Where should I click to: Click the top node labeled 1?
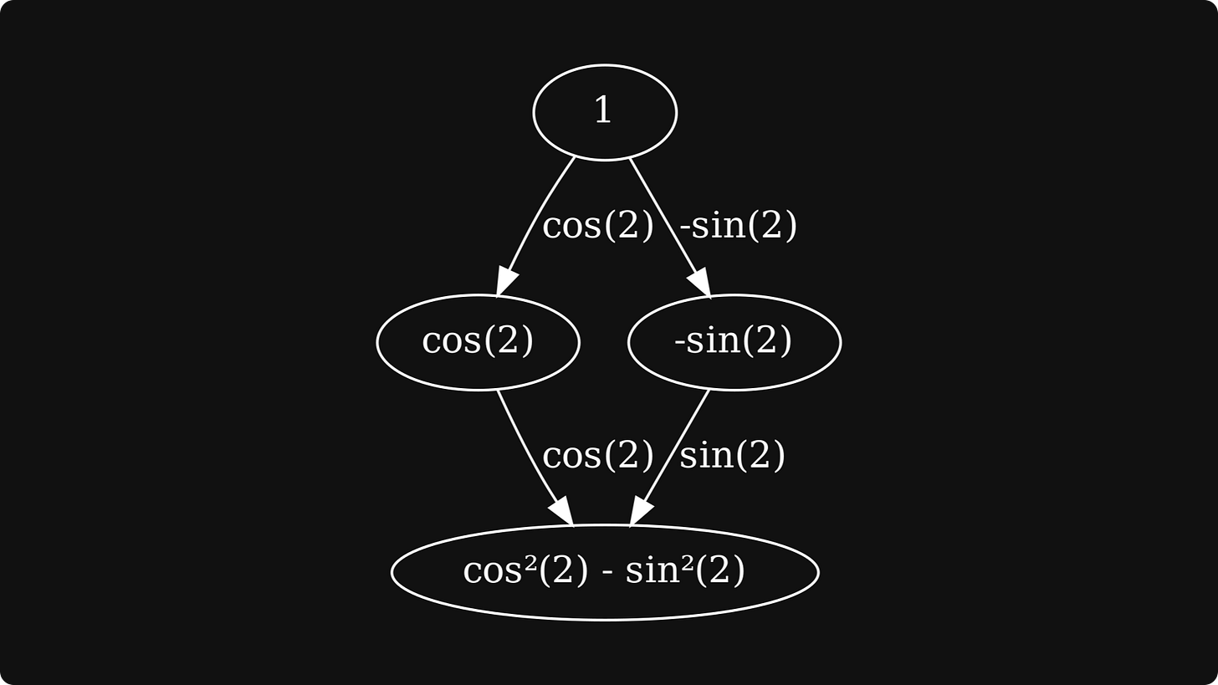tap(604, 112)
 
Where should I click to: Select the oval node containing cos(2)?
tap(478, 342)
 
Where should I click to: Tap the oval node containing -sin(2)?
tap(734, 342)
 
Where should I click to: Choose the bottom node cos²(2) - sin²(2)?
tap(604, 572)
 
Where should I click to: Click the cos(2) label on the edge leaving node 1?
tap(597, 226)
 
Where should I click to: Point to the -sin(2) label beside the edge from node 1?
tap(738, 226)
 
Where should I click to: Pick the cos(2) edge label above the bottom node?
tap(597, 456)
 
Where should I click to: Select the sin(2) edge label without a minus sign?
tap(732, 456)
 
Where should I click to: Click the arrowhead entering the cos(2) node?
tap(504, 282)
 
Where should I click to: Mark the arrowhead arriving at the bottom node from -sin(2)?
tap(640, 511)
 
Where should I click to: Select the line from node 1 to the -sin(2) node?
tap(661, 213)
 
